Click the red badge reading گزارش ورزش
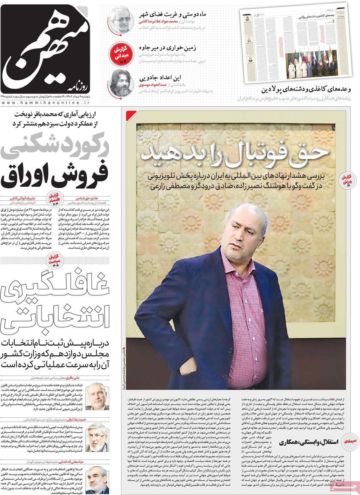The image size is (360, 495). pos(345,179)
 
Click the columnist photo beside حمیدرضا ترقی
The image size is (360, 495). pos(97,437)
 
